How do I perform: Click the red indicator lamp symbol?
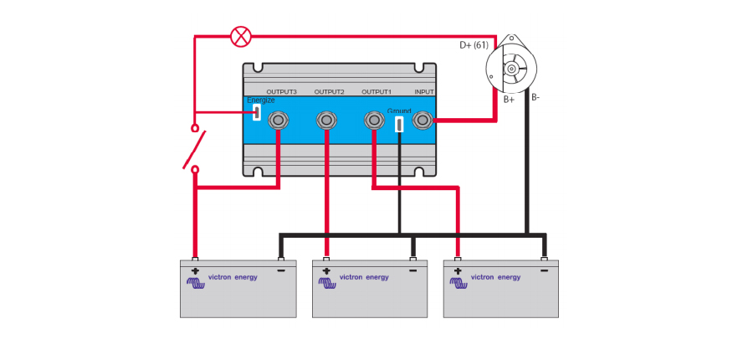pos(241,36)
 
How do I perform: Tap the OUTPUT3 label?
pos(281,91)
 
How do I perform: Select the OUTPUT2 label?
pos(329,91)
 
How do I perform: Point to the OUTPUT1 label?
pos(376,91)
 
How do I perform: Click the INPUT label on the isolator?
pos(424,91)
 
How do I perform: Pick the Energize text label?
pos(260,100)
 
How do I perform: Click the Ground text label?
pos(399,111)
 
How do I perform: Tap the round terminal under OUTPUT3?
pos(279,121)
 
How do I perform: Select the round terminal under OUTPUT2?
pos(326,121)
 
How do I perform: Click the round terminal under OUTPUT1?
pos(374,121)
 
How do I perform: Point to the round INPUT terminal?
pos(423,121)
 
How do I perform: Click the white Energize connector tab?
pos(257,112)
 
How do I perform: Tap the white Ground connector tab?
pos(399,124)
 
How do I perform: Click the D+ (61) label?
pos(474,45)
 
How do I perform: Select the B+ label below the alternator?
pos(509,99)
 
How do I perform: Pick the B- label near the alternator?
pos(535,97)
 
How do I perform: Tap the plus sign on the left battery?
pos(195,271)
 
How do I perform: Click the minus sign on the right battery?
pos(544,271)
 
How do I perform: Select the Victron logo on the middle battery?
pos(327,282)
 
